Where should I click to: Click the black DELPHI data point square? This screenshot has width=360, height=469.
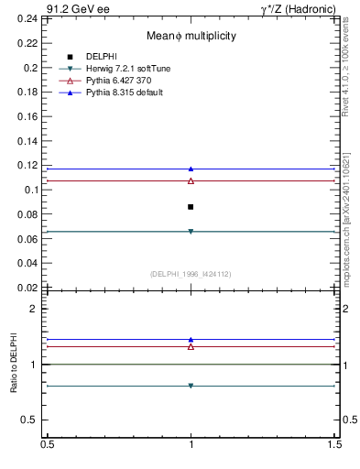tap(191, 207)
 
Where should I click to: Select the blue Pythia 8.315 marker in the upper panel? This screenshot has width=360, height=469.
tap(191, 169)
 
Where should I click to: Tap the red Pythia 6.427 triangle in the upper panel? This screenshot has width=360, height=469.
tap(191, 180)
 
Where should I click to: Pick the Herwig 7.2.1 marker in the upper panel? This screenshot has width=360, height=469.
tap(191, 232)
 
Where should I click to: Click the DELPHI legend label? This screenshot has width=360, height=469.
tap(103, 57)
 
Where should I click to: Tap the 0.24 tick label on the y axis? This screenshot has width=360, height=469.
tap(30, 18)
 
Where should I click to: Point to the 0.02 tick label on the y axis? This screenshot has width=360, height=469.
tap(30, 288)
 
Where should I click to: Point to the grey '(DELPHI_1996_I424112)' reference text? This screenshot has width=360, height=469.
tap(191, 274)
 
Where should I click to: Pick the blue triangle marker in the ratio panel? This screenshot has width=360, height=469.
tap(191, 339)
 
